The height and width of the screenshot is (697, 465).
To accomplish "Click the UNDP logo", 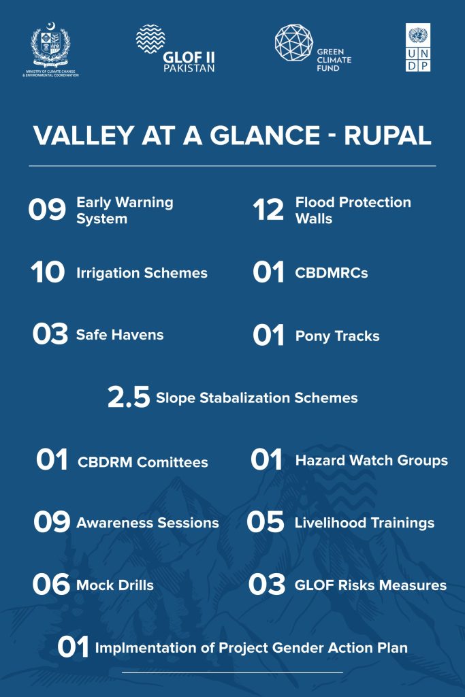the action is click(418, 47).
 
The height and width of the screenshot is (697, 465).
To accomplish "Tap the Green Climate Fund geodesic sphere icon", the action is click(294, 43).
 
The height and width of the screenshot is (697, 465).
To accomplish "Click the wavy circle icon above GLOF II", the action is click(150, 39).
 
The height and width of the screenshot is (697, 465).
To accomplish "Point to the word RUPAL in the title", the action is click(387, 135).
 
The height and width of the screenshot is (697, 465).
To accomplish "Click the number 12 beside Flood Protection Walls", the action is click(268, 210).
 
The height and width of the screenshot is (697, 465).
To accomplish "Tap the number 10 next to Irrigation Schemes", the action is click(48, 272).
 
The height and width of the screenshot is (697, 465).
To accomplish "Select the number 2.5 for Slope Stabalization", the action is click(129, 397).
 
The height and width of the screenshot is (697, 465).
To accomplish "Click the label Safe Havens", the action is click(120, 335).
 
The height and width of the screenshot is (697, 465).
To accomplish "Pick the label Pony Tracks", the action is click(338, 336).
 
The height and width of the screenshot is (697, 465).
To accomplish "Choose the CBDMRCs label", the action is click(332, 272).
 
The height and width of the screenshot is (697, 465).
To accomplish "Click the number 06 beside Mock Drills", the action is click(51, 584).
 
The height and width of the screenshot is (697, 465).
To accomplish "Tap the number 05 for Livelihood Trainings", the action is click(266, 521).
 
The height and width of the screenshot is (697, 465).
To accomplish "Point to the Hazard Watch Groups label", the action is click(372, 460).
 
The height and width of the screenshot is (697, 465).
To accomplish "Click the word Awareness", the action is click(111, 523).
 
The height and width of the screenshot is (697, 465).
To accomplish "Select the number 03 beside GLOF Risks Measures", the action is click(267, 584).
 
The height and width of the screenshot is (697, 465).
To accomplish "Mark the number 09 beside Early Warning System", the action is click(47, 209).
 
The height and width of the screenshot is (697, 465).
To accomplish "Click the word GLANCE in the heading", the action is click(265, 135).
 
